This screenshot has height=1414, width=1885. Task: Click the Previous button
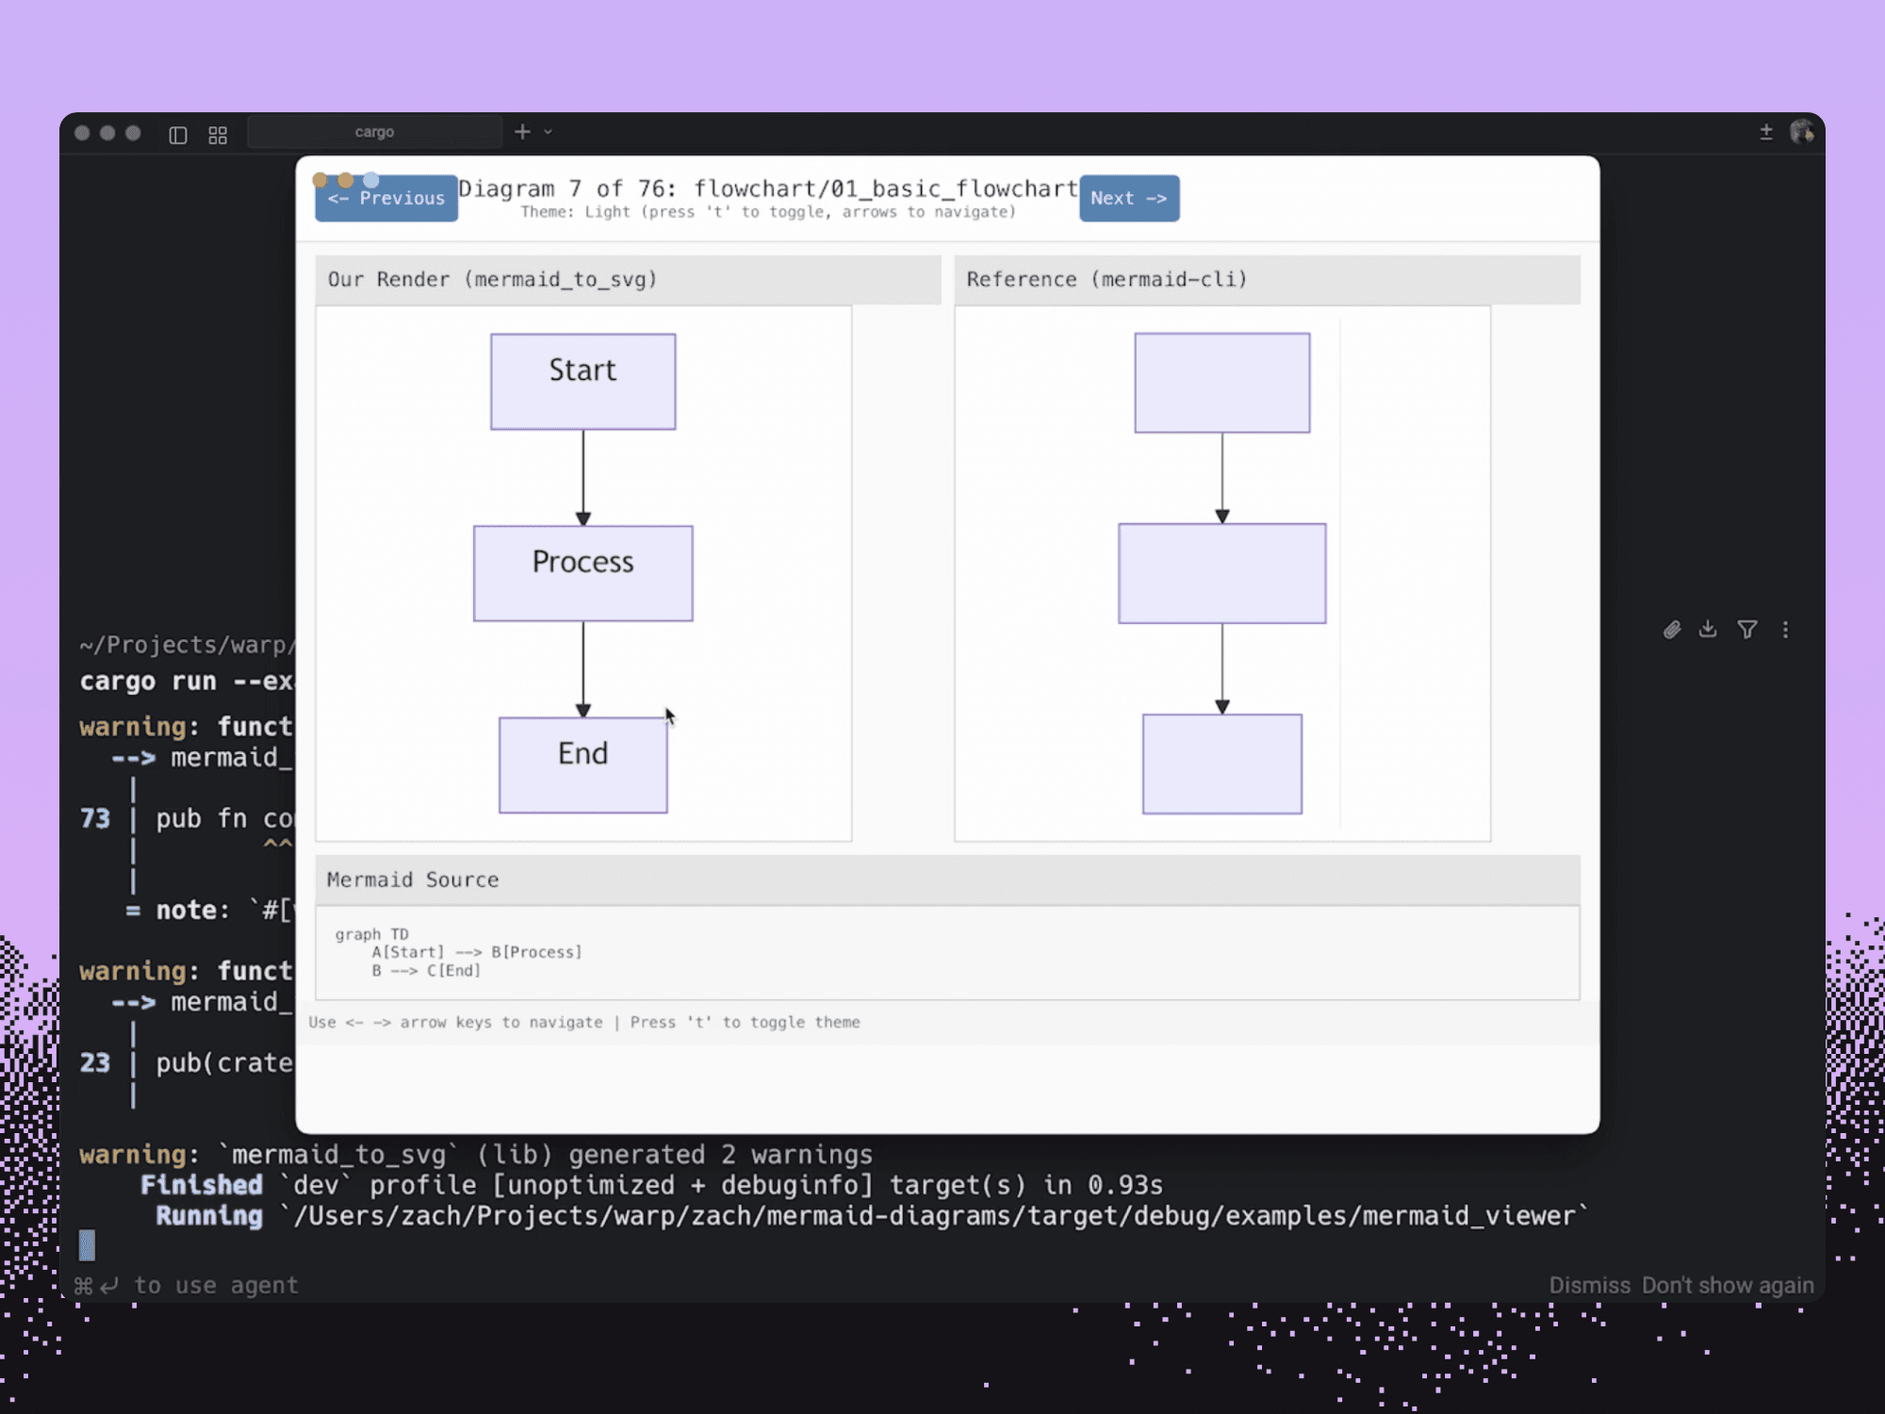(386, 198)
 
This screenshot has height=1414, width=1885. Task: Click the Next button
(1128, 198)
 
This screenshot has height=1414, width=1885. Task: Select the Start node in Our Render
(582, 382)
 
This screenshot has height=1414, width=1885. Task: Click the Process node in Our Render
(582, 573)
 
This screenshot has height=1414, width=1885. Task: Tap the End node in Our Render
(582, 765)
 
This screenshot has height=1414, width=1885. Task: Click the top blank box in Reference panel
(1221, 383)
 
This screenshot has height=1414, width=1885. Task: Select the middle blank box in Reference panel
(1221, 573)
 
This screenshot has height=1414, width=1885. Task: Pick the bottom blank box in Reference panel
(1221, 764)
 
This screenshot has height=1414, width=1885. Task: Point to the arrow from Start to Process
(582, 477)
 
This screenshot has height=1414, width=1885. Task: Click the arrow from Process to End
(582, 668)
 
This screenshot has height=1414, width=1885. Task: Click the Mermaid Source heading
(413, 880)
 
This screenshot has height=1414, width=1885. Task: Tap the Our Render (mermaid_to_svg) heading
(492, 279)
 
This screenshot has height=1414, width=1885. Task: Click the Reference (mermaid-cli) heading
(1106, 279)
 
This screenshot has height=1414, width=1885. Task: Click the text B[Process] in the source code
(536, 952)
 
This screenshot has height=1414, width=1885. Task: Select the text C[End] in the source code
(453, 970)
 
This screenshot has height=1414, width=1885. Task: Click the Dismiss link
(1589, 1285)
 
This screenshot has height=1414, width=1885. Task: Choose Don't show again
(1727, 1285)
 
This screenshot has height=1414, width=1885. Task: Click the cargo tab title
(374, 132)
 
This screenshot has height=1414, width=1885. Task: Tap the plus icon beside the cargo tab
(522, 132)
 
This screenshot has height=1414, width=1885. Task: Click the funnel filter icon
(1746, 630)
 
